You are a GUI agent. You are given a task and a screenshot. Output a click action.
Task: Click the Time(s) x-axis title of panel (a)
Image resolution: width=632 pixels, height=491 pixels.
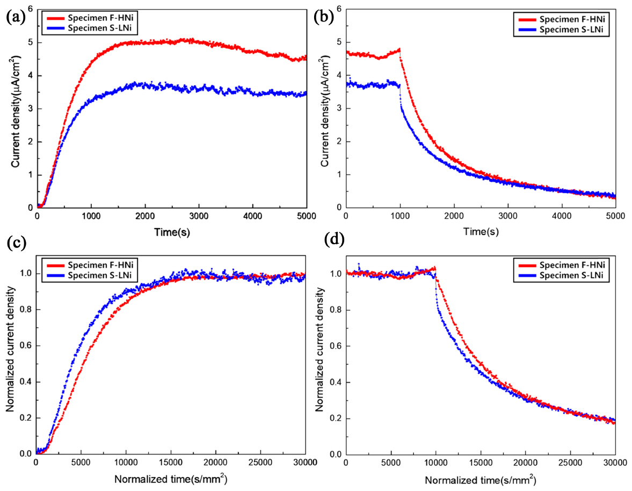pyautogui.click(x=171, y=232)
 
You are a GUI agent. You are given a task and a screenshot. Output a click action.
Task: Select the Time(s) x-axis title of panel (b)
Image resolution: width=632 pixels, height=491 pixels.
pyautogui.click(x=480, y=232)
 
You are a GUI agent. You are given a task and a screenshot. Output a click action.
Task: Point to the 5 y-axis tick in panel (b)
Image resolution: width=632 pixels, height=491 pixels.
pyautogui.click(x=337, y=42)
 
